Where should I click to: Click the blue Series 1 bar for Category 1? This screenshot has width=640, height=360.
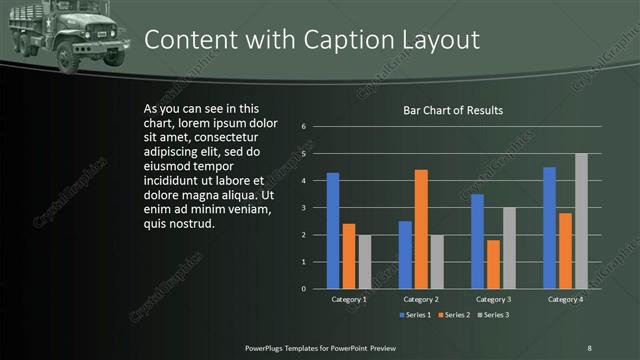pos(333,231)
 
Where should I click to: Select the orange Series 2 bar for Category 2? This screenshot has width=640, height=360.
pos(421,229)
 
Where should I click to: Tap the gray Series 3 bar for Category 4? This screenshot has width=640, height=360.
pos(581,221)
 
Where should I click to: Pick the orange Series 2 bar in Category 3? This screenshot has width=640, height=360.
pos(493,264)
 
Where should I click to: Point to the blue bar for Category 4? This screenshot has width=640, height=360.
pos(549,228)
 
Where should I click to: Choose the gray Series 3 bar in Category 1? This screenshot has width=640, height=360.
pos(365,262)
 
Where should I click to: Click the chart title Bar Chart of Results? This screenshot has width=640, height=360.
pos(452,110)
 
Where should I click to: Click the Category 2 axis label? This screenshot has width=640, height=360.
pos(421,299)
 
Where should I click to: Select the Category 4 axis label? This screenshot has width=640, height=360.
pos(565,299)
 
